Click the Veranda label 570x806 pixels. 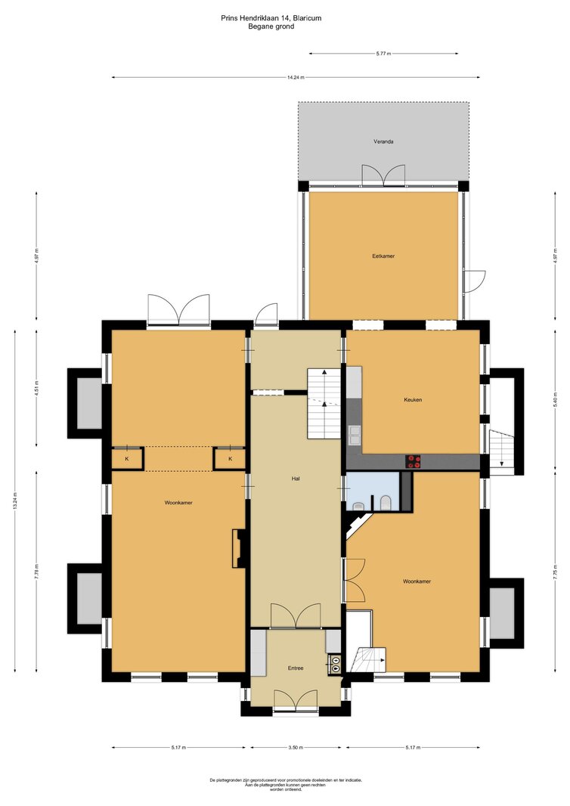pyautogui.click(x=383, y=141)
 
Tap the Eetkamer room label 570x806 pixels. pyautogui.click(x=383, y=256)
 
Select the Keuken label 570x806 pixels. pyautogui.click(x=413, y=399)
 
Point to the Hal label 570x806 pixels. pyautogui.click(x=296, y=479)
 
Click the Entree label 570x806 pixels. pyautogui.click(x=296, y=668)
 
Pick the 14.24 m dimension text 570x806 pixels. pyautogui.click(x=296, y=78)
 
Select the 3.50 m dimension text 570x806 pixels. pyautogui.click(x=296, y=747)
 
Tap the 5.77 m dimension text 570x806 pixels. pyautogui.click(x=383, y=54)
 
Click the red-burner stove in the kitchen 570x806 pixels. pyautogui.click(x=414, y=462)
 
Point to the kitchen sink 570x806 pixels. pyautogui.click(x=354, y=434)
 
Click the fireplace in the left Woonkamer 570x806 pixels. pyautogui.click(x=238, y=549)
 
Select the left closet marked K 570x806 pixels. pyautogui.click(x=127, y=458)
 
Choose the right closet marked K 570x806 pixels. pyautogui.click(x=230, y=458)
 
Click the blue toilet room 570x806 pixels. pyautogui.click(x=373, y=491)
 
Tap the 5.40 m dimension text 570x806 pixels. pyautogui.click(x=556, y=398)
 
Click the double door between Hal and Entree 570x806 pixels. pyautogui.click(x=296, y=615)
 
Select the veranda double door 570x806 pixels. pyautogui.click(x=383, y=175)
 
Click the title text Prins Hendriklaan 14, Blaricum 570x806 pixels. pyautogui.click(x=271, y=18)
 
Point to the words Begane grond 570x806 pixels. pyautogui.click(x=271, y=26)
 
